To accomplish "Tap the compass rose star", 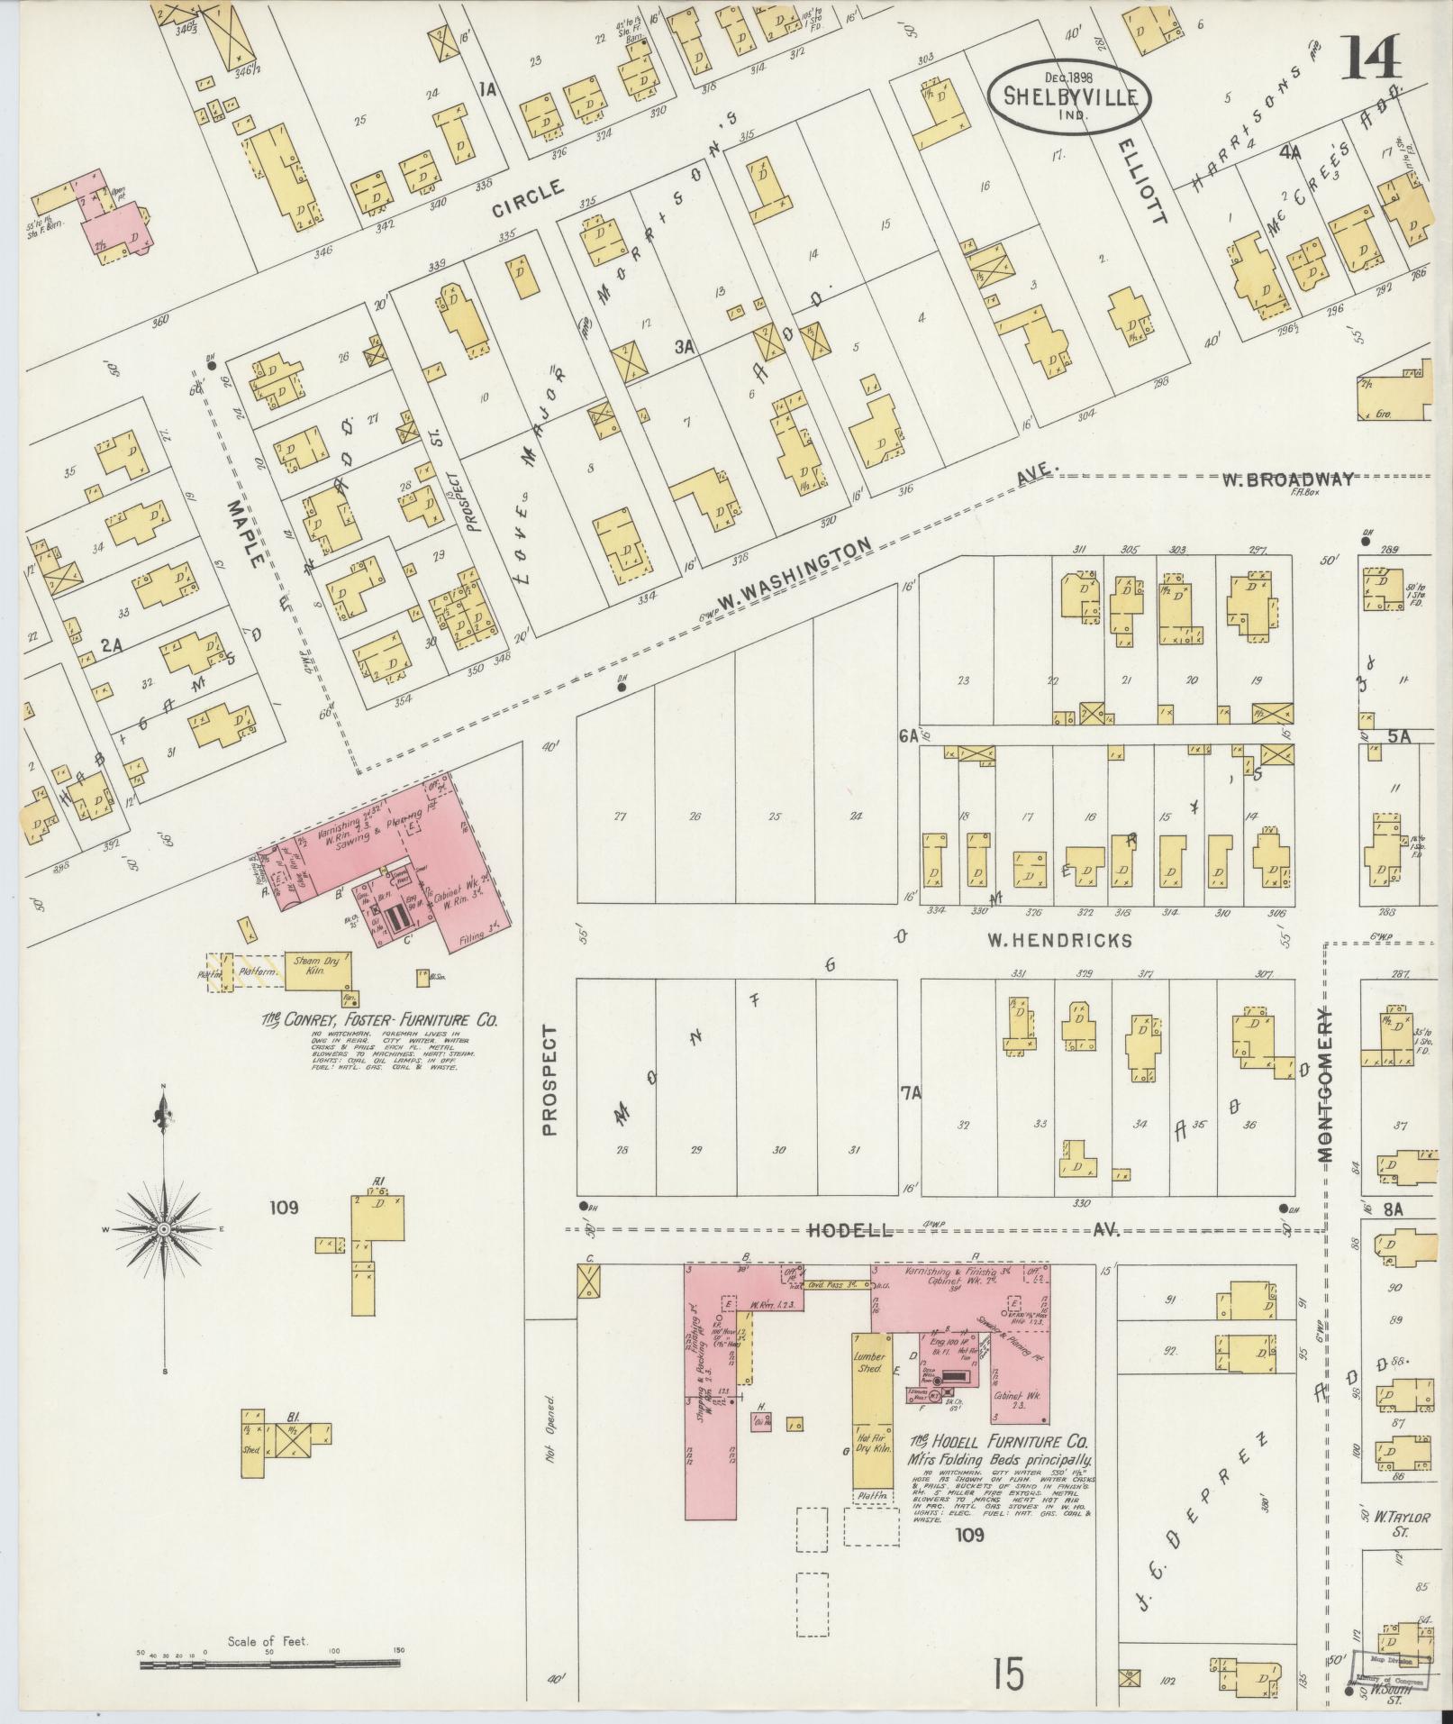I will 164,1229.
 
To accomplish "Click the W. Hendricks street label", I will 1058,941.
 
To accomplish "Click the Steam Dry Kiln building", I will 319,969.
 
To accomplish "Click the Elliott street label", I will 1144,181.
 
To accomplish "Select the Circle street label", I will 528,199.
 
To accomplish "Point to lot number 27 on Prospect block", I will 620,816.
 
